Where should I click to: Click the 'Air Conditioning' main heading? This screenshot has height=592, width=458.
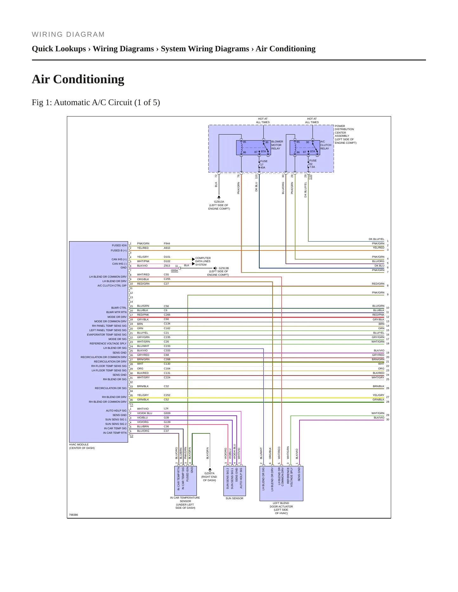(x=78, y=79)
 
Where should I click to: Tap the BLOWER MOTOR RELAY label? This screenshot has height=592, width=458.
(x=277, y=145)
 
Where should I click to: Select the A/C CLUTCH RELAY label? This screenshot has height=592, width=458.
(x=326, y=145)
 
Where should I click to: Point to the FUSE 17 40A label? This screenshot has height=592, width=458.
(x=264, y=164)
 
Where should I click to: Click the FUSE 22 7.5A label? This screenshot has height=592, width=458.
(x=313, y=164)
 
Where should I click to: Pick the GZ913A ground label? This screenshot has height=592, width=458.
(x=219, y=205)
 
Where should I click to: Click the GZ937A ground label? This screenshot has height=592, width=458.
(x=209, y=477)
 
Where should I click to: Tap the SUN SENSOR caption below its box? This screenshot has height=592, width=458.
(x=235, y=498)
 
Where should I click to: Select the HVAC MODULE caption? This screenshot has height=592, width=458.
(x=82, y=446)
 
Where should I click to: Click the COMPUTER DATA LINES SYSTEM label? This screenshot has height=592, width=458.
(x=203, y=261)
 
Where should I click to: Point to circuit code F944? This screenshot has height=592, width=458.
(x=167, y=244)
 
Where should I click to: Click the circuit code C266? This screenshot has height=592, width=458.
(x=167, y=315)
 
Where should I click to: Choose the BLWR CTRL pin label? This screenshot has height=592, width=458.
(x=119, y=308)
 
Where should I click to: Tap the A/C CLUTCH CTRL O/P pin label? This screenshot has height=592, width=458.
(x=112, y=286)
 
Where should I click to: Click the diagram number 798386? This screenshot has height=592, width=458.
(x=74, y=515)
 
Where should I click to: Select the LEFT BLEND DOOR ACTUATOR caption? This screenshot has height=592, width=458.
(x=281, y=508)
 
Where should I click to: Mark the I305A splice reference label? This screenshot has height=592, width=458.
(x=175, y=271)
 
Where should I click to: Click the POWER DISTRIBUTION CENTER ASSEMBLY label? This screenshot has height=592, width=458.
(x=345, y=134)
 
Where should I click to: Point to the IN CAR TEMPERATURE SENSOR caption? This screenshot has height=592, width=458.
(x=185, y=503)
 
